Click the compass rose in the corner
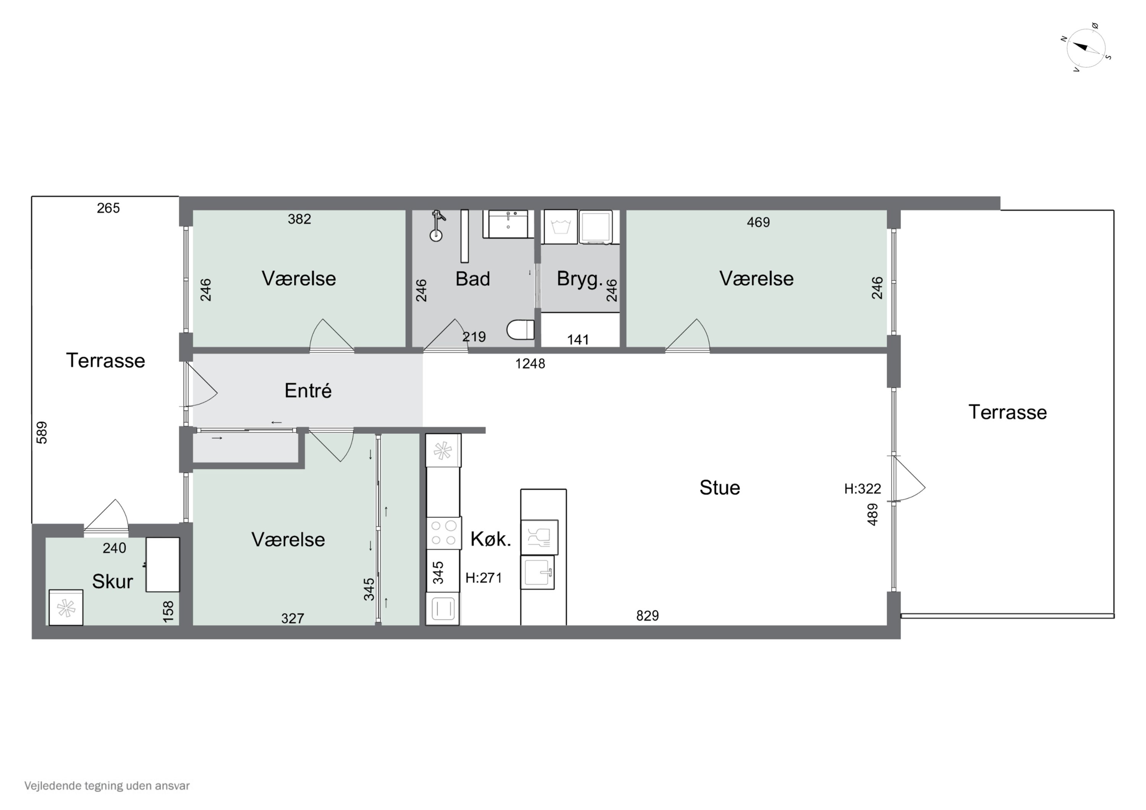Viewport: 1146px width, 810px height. (x=1086, y=49)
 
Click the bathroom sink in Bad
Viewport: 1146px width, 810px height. (x=508, y=224)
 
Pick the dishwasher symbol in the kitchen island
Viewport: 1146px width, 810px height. (x=539, y=537)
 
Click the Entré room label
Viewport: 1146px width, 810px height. (x=308, y=391)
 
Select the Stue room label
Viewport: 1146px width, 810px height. (x=719, y=488)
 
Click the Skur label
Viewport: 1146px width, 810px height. (x=112, y=581)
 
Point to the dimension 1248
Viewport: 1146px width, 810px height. (x=530, y=364)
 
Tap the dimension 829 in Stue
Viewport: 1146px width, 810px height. (x=647, y=616)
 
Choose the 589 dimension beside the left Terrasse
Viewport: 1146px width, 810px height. (x=42, y=432)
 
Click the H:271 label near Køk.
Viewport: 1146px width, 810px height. (x=484, y=578)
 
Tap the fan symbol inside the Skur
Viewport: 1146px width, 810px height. (x=66, y=607)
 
